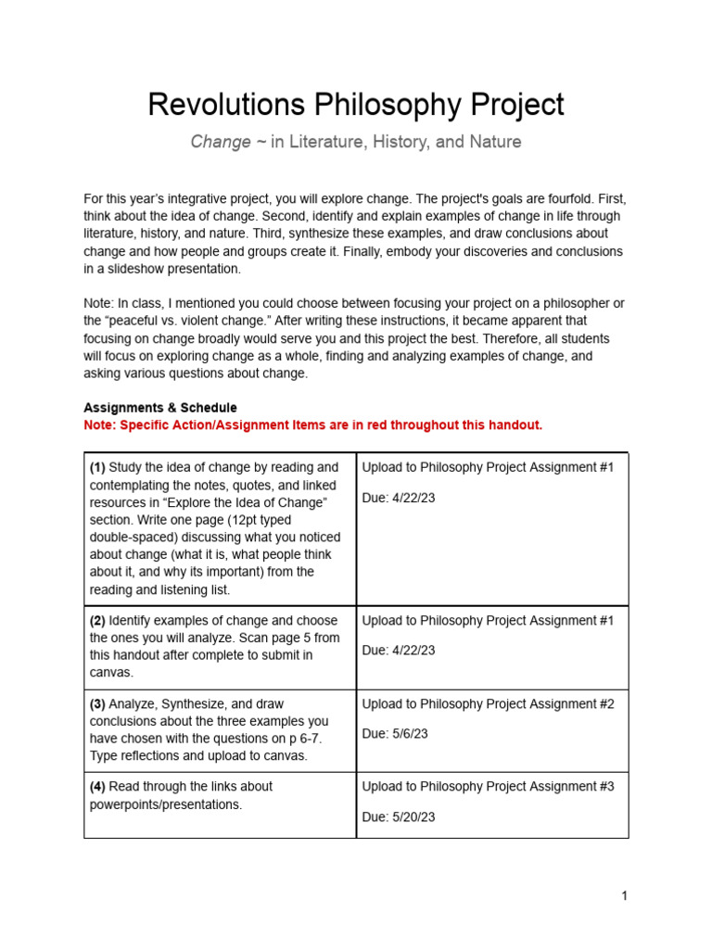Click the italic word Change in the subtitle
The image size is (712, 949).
[220, 142]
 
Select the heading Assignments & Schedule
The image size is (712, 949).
[160, 407]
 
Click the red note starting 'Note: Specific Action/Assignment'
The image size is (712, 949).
[312, 424]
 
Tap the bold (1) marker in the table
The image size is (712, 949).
[97, 467]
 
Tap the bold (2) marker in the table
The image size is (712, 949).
[97, 620]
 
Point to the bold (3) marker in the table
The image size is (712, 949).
[97, 703]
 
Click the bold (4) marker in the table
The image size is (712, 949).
[97, 786]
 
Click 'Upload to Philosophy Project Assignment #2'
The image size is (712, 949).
[488, 703]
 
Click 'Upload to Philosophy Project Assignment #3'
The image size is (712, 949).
[488, 786]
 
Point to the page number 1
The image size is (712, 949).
[625, 895]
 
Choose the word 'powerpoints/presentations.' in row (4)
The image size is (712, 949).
[166, 804]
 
